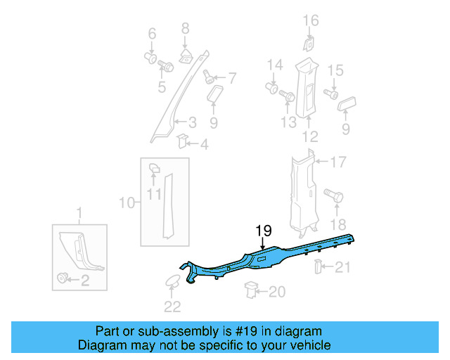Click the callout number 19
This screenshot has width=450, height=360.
coord(263,230)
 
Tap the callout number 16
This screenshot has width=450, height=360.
coord(310,21)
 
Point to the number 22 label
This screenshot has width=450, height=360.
coord(172,306)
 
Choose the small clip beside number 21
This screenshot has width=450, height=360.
coord(317,266)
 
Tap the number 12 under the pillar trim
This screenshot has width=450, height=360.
coord(309,136)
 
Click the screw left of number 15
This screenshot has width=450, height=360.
coord(330,94)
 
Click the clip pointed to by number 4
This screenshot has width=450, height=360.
coord(181,141)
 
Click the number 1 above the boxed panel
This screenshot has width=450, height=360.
coord(79,212)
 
